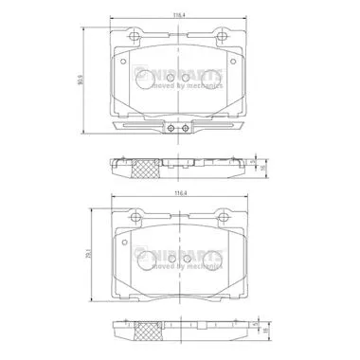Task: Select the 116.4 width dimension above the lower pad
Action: [x=179, y=196]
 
